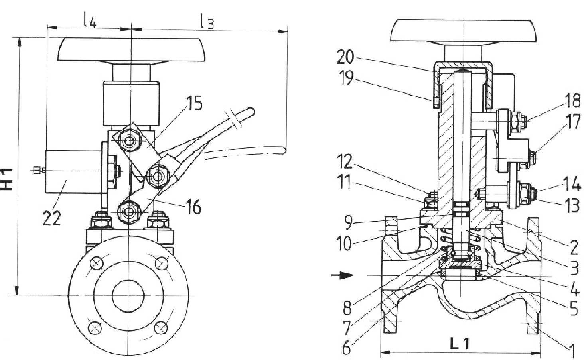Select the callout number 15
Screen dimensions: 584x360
pyautogui.click(x=195, y=103)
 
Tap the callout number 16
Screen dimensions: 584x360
pyautogui.click(x=193, y=207)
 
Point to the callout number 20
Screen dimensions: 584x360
pyautogui.click(x=345, y=57)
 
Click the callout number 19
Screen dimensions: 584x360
pyautogui.click(x=346, y=77)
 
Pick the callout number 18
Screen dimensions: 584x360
pyautogui.click(x=572, y=101)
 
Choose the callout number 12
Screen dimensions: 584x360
pyautogui.click(x=344, y=161)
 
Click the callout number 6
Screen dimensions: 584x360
pyautogui.click(x=347, y=347)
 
